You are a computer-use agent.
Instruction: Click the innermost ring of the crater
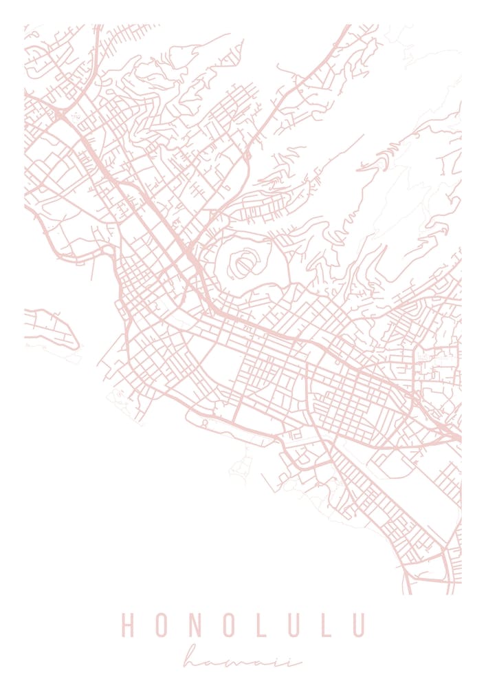pos(243,263)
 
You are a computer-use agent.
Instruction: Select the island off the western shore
pos(52,329)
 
